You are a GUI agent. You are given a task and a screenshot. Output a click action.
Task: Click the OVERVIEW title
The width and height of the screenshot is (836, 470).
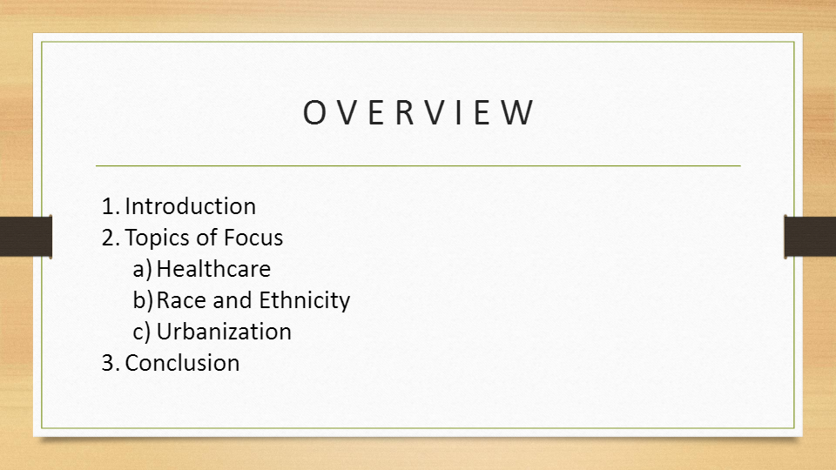[x=418, y=114]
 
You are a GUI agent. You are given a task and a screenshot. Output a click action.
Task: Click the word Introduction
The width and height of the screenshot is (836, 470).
[x=190, y=206]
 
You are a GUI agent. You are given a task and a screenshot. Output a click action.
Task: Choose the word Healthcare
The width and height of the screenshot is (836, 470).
[x=213, y=269]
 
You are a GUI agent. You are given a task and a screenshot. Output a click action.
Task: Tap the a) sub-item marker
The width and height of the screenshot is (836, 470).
[x=143, y=269]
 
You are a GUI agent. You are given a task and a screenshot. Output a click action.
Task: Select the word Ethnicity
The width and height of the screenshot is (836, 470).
[x=304, y=300]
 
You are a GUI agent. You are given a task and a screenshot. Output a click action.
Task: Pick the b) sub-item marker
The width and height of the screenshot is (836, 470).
[x=143, y=300]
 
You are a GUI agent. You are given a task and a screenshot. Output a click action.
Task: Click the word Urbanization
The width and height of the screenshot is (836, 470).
[x=224, y=332]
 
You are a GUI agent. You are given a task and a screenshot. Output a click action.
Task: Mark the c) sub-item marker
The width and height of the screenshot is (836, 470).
[x=143, y=332]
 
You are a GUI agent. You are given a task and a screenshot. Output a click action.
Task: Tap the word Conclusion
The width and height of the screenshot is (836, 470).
[x=182, y=363]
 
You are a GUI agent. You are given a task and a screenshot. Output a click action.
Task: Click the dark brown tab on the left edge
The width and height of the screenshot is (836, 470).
[x=25, y=237]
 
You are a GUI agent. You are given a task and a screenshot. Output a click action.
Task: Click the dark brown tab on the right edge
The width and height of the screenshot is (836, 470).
[x=810, y=237]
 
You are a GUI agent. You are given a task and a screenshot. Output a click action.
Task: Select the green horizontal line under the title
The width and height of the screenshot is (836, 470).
[x=418, y=165]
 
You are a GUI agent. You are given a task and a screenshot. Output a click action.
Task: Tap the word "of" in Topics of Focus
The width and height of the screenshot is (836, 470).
[x=206, y=238]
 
